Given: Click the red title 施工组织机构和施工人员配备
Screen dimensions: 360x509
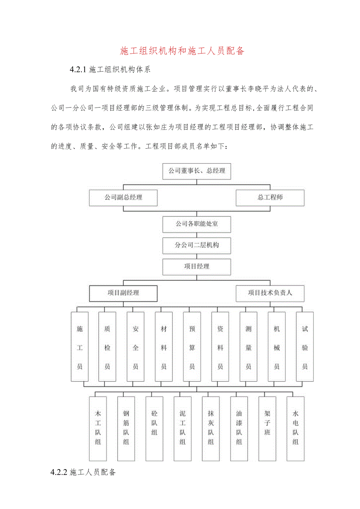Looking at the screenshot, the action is [182, 51].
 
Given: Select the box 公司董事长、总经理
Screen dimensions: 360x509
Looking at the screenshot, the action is [197, 171].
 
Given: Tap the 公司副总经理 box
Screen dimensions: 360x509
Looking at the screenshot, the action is [123, 198].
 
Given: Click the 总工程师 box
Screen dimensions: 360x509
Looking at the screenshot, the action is [270, 198].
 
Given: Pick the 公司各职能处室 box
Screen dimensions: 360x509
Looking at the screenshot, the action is [197, 224].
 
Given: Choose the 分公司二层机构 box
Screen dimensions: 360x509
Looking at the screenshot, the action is [197, 245].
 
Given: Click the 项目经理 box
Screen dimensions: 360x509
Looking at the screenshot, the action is [197, 266].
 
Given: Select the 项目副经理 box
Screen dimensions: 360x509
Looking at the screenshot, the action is [123, 293].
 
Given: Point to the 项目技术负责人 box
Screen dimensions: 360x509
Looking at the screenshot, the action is [270, 293].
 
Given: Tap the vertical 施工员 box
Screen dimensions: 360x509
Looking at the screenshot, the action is [80, 347].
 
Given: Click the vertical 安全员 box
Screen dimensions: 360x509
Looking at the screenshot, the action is [136, 347].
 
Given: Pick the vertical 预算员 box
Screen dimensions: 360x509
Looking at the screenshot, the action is [192, 347].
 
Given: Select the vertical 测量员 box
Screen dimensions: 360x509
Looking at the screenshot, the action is [248, 347].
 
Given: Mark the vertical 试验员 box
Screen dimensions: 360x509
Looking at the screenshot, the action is [305, 347].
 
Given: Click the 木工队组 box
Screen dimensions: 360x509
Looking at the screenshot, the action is [98, 428].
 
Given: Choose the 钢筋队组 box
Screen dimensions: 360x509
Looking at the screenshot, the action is [126, 428].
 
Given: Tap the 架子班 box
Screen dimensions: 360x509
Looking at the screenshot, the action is [267, 428].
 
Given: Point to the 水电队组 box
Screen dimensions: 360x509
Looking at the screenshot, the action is [295, 428].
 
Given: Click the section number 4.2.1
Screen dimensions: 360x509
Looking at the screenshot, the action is [77, 70].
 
